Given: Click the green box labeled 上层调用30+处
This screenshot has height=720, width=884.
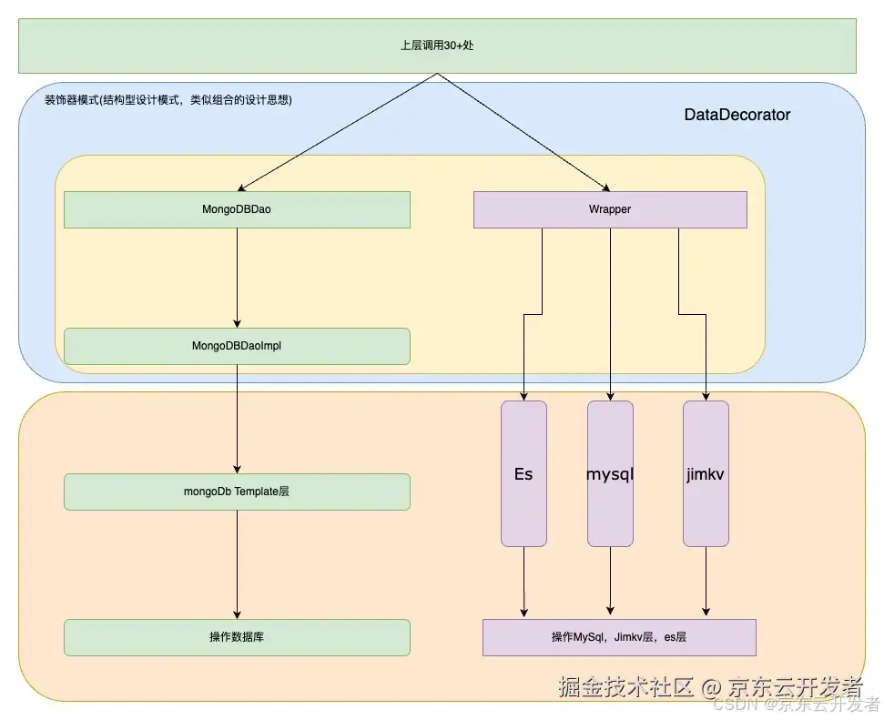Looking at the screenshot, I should (437, 46).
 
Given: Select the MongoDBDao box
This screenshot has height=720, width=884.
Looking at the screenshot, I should (237, 209).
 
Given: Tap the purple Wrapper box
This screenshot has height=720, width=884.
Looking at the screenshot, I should (610, 209).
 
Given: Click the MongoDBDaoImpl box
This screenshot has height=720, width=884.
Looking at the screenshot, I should (237, 346).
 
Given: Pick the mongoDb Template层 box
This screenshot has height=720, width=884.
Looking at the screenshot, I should (237, 492).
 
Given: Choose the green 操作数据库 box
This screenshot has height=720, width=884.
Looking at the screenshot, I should (237, 637).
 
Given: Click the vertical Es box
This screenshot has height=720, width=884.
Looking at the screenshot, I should (523, 473).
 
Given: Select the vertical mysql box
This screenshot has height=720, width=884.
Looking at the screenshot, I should (610, 473).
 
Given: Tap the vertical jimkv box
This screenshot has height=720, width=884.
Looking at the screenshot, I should (706, 473).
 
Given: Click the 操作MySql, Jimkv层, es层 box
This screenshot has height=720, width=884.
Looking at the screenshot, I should (619, 637).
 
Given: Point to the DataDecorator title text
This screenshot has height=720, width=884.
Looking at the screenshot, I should (737, 115).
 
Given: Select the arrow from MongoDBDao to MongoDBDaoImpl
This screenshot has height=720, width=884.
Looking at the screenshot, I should (238, 278).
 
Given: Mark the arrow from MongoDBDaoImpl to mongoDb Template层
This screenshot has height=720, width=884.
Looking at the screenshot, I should (238, 419).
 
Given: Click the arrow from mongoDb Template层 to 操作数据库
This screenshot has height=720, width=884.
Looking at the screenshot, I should (238, 564).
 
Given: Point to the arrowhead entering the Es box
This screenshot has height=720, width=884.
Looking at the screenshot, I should (523, 395).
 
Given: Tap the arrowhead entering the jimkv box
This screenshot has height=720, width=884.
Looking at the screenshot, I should (706, 395).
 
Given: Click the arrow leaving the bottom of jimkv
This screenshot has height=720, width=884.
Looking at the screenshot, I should (706, 583).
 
